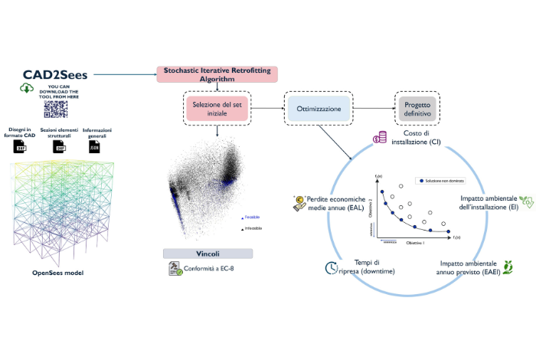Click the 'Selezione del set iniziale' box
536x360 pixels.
(216, 106)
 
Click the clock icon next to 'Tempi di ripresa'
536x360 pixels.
(332, 268)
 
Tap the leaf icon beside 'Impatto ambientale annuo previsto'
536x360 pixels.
(507, 266)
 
